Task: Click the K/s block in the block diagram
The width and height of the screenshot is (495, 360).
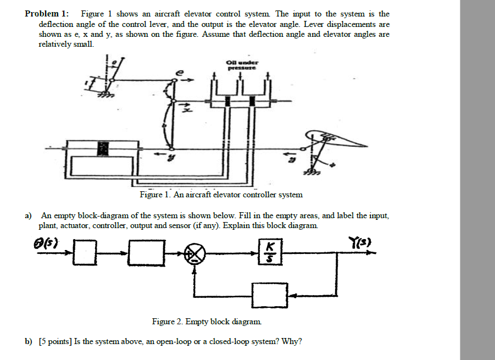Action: coord(269,252)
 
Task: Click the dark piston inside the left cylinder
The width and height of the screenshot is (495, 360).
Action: coord(102,148)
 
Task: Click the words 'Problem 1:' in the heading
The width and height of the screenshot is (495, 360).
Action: coord(47,14)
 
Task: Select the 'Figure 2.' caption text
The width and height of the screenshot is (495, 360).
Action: coord(168,322)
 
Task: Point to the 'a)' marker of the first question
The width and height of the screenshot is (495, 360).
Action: coord(29,216)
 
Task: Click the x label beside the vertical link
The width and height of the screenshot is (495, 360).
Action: coord(186,110)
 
